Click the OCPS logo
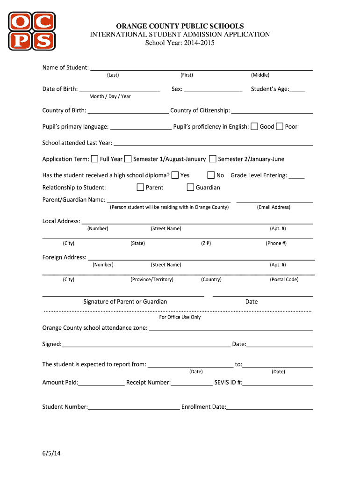[31, 31]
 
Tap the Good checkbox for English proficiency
[254, 126]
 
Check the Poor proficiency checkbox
[280, 126]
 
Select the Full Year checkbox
[94, 159]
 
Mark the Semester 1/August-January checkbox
[128, 159]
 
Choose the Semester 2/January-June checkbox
[213, 159]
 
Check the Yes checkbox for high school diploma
[175, 175]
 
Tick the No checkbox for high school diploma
[211, 175]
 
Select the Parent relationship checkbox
[140, 187]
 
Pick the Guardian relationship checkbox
[190, 187]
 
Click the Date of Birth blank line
[120, 89]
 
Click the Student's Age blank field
[297, 89]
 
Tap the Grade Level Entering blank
[296, 176]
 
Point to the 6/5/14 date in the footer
[51, 453]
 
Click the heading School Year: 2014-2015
[180, 43]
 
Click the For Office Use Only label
[180, 317]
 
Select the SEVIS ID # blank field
[278, 383]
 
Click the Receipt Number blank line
[192, 383]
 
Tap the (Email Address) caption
[274, 207]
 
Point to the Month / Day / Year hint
[110, 96]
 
